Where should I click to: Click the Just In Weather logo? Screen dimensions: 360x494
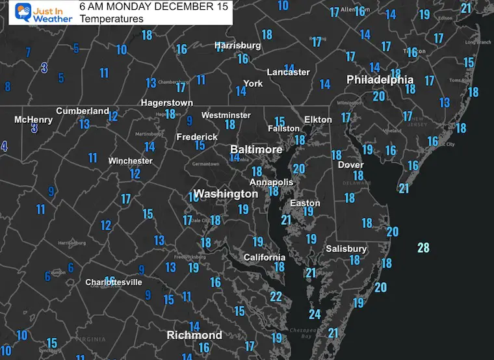pyautogui.click(x=38, y=13)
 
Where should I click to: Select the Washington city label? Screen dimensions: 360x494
pyautogui.click(x=226, y=194)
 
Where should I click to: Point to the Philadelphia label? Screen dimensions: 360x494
pyautogui.click(x=380, y=80)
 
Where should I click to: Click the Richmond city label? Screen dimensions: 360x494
pyautogui.click(x=194, y=335)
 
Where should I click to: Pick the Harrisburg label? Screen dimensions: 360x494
pyautogui.click(x=238, y=45)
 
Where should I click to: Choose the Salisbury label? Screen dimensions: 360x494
pyautogui.click(x=347, y=249)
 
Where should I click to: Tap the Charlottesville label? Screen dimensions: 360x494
pyautogui.click(x=114, y=283)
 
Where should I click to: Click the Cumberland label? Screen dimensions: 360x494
pyautogui.click(x=82, y=111)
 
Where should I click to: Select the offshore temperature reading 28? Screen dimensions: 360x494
pyautogui.click(x=423, y=248)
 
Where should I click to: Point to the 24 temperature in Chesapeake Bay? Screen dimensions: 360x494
pyautogui.click(x=315, y=315)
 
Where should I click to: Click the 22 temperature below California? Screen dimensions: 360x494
pyautogui.click(x=276, y=297)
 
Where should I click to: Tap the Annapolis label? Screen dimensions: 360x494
pyautogui.click(x=272, y=183)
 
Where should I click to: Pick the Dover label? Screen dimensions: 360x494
pyautogui.click(x=350, y=165)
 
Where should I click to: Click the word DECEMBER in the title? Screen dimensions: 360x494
pyautogui.click(x=168, y=6)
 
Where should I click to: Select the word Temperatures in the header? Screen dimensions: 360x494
pyautogui.click(x=111, y=19)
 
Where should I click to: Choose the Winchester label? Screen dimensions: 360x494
pyautogui.click(x=130, y=161)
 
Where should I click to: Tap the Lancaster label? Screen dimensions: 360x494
pyautogui.click(x=288, y=72)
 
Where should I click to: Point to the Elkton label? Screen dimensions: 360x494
pyautogui.click(x=318, y=120)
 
